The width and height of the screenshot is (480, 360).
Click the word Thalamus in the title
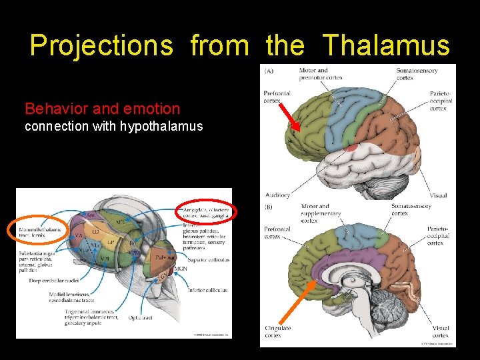pyautogui.click(x=387, y=45)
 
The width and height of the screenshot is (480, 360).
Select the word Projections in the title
pyautogui.click(x=101, y=45)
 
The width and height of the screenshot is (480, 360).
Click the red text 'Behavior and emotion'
pyautogui.click(x=102, y=109)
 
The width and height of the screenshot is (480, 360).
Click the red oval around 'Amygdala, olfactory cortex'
pyautogui.click(x=205, y=213)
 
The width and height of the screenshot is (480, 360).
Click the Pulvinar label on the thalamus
pyautogui.click(x=165, y=256)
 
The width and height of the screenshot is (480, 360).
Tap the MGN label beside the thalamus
pyautogui.click(x=181, y=269)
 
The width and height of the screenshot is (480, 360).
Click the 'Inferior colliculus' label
pyautogui.click(x=207, y=290)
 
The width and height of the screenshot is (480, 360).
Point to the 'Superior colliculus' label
pyautogui.click(x=209, y=259)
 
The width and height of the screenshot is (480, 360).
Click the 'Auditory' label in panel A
pyautogui.click(x=277, y=195)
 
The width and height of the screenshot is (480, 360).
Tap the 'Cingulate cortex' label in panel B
pyautogui.click(x=277, y=331)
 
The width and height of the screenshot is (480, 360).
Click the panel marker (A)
pyautogui.click(x=268, y=71)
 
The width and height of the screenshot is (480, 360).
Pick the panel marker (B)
pyautogui.click(x=268, y=207)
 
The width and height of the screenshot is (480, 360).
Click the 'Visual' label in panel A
pyautogui.click(x=438, y=195)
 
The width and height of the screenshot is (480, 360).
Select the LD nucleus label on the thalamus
pyautogui.click(x=96, y=231)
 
